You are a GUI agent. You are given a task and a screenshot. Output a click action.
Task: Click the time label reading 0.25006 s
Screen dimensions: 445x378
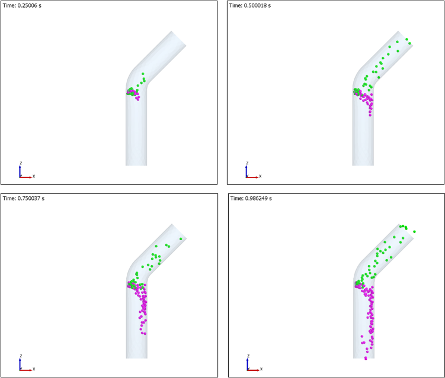coord(22,6)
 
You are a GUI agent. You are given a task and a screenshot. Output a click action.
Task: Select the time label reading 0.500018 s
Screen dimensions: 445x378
coord(250,6)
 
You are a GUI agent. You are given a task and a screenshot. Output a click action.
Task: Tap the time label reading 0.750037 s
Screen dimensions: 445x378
coord(24,198)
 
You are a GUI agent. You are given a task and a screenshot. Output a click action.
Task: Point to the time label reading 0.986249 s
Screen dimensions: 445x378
coord(251,198)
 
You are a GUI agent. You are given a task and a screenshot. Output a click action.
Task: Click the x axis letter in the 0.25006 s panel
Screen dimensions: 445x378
coord(34,176)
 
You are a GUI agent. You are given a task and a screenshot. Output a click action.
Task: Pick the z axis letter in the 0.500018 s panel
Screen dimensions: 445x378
coord(247,163)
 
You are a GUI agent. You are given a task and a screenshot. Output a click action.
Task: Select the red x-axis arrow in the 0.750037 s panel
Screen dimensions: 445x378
coord(26,370)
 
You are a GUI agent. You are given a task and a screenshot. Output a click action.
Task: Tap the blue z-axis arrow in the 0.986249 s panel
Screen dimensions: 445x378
coord(248,364)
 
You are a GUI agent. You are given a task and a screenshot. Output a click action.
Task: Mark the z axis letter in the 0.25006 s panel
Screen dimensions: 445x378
coord(21,163)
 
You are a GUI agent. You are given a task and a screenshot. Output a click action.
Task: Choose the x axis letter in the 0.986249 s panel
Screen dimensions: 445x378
coord(261,369)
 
